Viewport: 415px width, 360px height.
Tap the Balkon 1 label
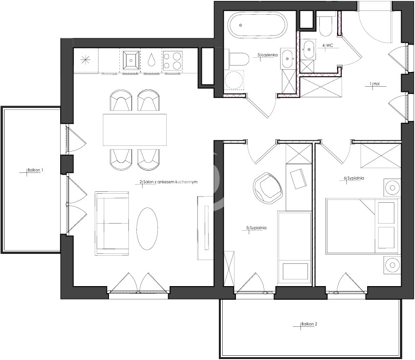[x=35, y=170]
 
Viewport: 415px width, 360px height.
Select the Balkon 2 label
[x=309, y=324]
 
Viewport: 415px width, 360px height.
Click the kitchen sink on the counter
[x=131, y=60]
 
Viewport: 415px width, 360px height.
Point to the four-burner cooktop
[x=172, y=61]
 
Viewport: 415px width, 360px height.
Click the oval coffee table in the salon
[x=147, y=229]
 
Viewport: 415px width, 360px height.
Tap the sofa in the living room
[x=112, y=224]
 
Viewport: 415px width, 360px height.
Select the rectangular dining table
[x=135, y=130]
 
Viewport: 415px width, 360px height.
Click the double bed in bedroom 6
[x=362, y=226]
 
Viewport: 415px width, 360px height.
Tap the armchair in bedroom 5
[x=268, y=188]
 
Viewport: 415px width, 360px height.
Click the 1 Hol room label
[x=375, y=84]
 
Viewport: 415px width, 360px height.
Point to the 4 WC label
[x=327, y=45]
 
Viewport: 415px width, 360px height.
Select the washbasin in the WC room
[x=308, y=49]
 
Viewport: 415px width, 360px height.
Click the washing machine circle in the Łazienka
[x=234, y=80]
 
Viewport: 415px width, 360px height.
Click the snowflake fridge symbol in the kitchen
[x=85, y=60]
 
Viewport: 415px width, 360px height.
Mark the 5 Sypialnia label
[x=256, y=228]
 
